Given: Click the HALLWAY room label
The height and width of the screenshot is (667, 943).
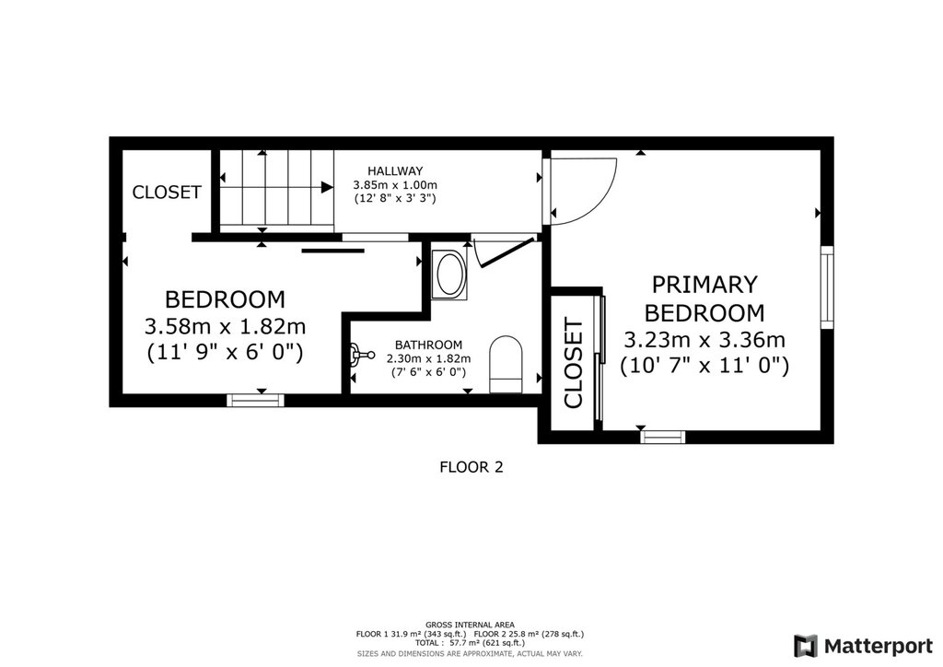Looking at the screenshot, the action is pos(395,170).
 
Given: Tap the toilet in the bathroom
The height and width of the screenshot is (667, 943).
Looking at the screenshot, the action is pos(506,365).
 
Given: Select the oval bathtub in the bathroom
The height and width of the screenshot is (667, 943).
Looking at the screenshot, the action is pos(449,275).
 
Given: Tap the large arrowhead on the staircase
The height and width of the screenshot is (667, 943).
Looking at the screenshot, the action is pos(327,187).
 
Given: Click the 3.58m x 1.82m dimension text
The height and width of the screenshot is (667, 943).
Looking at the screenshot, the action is pos(225,326).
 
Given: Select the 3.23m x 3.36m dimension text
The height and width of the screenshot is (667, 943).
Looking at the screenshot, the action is pos(704,340).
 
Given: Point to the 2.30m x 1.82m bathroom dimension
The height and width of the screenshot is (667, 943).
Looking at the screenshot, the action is pos(428,358).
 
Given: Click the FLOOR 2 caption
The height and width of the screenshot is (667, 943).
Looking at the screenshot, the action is pos(471,467).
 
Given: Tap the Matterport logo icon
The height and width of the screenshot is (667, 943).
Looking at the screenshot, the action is pos(806,646).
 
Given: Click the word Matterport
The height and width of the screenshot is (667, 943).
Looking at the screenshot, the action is pos(878,647).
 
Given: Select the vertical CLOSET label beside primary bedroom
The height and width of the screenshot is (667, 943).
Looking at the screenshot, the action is pos(574,363).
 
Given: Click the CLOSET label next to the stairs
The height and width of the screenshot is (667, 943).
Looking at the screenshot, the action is pos(167,193).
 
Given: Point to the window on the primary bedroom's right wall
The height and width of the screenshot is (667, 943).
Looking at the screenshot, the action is pos(828,287).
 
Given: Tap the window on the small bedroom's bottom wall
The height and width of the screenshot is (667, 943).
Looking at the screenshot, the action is pos(256,401).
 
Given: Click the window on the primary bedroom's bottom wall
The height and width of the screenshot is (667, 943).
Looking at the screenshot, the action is pos(662,437).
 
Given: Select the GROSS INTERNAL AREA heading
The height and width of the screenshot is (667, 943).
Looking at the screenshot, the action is pos(470,625).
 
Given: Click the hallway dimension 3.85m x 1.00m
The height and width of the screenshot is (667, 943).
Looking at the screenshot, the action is pos(395,184).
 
